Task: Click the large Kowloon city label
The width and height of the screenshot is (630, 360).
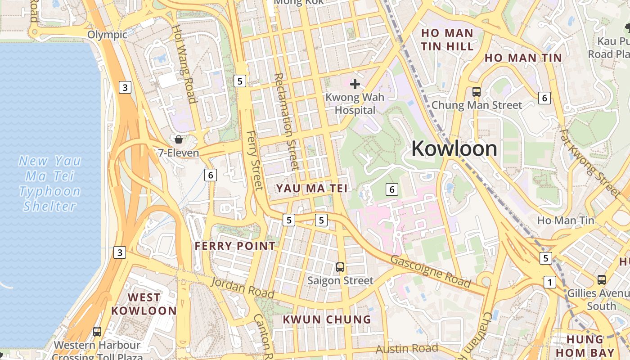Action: pos(454,148)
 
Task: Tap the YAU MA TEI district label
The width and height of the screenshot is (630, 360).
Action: pos(312,188)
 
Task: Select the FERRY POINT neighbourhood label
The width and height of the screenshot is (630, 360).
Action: pos(235,246)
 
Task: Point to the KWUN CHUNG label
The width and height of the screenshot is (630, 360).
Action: pos(327,319)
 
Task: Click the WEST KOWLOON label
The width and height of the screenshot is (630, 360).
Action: pos(144,304)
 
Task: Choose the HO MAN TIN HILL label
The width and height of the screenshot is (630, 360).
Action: pos(447,40)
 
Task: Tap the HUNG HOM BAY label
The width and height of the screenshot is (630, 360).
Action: pos(590,346)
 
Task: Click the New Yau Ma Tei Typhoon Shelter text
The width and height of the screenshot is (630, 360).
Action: pos(50,183)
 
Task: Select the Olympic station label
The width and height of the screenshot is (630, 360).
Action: pos(107,35)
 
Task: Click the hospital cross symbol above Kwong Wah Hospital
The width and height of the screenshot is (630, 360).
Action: pos(355,84)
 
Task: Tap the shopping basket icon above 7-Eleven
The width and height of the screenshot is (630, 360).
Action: pos(179,139)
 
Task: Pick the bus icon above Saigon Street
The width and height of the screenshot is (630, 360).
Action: pos(340,267)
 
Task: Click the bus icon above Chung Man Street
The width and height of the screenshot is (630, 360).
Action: pos(477,92)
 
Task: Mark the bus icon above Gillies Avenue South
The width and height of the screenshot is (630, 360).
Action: pos(602,280)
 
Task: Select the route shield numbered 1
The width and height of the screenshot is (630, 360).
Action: pos(549,282)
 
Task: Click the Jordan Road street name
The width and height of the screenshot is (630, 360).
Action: pos(243,288)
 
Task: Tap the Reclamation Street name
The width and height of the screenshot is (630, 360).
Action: pos(287,121)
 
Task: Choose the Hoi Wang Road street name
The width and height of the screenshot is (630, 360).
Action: pos(184,63)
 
